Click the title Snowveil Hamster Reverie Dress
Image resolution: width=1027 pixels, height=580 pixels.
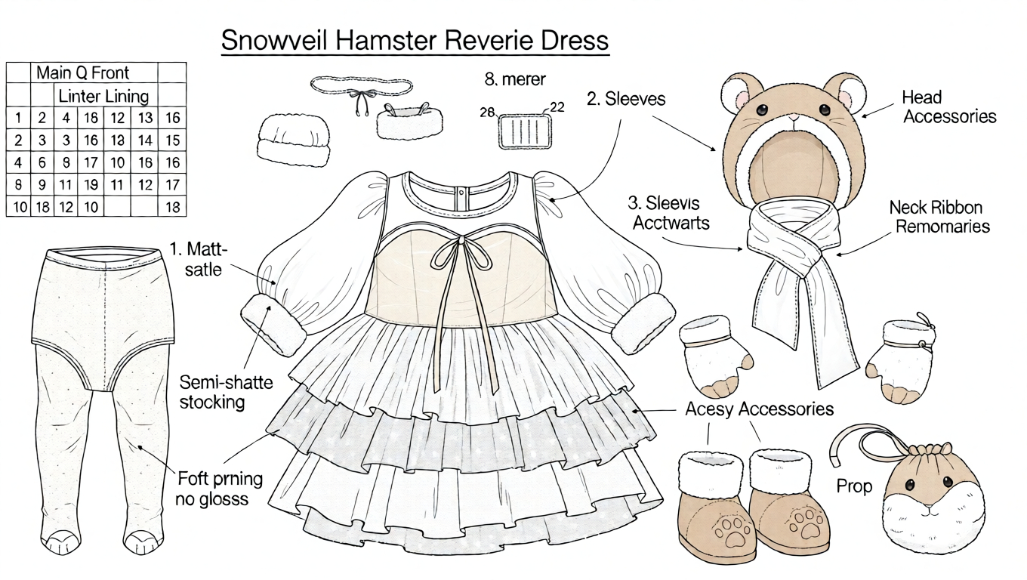click(415, 40)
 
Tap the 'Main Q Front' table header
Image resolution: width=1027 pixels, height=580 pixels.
click(82, 72)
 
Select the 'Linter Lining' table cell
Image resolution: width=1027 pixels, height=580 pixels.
click(103, 96)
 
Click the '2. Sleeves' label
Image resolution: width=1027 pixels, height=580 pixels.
click(626, 98)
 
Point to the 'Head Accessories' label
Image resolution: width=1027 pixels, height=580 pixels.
click(949, 106)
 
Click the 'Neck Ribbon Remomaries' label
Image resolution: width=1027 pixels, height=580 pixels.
click(939, 216)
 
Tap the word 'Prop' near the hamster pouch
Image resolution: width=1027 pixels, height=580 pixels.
click(854, 486)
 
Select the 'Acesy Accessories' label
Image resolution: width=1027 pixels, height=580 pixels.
click(759, 409)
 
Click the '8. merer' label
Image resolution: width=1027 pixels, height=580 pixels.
click(514, 79)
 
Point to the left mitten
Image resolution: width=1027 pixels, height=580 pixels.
click(714, 354)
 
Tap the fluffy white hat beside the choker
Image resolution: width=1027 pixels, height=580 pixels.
click(293, 140)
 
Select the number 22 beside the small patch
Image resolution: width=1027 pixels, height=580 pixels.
click(557, 107)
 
